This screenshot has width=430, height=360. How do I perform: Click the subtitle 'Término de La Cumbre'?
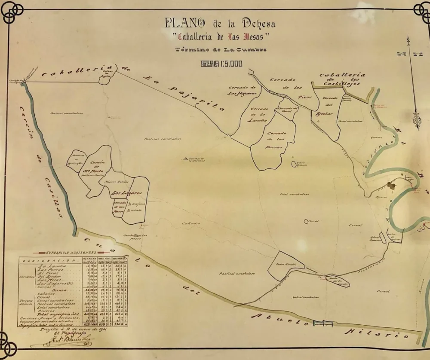pyautogui.click(x=221, y=49)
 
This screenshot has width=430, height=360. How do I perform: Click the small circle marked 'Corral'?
pyautogui.click(x=306, y=221)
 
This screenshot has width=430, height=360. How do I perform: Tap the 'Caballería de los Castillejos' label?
pyautogui.click(x=342, y=79)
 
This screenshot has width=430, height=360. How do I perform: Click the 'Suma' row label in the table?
pyautogui.click(x=59, y=290)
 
